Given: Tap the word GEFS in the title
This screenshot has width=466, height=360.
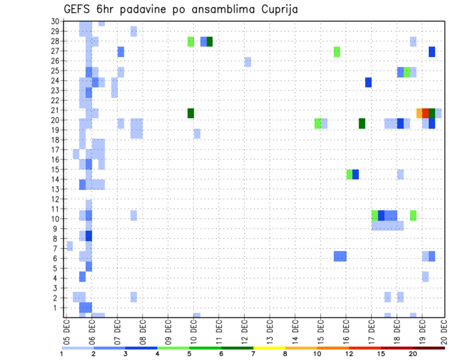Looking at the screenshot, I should (78, 9).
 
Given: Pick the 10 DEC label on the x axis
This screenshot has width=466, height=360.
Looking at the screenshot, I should (193, 332).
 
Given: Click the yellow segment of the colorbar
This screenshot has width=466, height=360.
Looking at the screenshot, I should (269, 348).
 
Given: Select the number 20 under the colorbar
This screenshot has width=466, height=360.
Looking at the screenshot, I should (413, 354).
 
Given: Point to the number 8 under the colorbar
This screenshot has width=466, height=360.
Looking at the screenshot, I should (285, 354).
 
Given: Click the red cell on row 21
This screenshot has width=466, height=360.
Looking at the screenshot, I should (425, 113).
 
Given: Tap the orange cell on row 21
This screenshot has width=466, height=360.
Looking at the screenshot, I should (419, 113).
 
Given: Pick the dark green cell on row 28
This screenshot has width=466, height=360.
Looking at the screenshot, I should (210, 42).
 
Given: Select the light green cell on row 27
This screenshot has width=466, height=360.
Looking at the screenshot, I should (337, 52).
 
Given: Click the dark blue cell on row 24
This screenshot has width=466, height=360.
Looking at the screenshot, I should (368, 82).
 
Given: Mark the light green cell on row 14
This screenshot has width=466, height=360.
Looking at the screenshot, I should (349, 174).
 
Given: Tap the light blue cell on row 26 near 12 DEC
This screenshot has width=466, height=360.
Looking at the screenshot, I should (248, 62).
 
